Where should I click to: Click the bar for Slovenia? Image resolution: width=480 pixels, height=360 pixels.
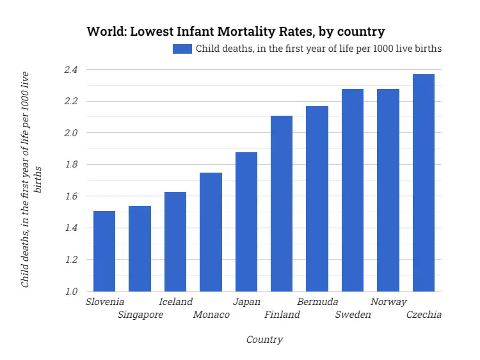(104, 251)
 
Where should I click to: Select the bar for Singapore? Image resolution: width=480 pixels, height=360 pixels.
(140, 249)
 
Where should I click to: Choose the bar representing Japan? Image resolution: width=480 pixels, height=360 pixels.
(246, 222)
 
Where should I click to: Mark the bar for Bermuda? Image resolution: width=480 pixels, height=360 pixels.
(317, 199)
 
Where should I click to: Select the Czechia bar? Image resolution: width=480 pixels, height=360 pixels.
(424, 183)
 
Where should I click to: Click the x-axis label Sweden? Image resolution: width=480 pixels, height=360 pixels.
(353, 315)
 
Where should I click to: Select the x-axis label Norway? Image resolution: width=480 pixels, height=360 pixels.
(388, 302)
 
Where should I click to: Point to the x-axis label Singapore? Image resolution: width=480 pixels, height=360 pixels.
(140, 315)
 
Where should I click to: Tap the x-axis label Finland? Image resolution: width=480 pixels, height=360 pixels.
(282, 315)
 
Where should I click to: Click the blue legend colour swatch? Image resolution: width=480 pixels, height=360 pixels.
(182, 49)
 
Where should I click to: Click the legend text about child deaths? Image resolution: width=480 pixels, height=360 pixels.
(318, 49)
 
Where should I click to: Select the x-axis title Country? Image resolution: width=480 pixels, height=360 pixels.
(264, 340)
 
